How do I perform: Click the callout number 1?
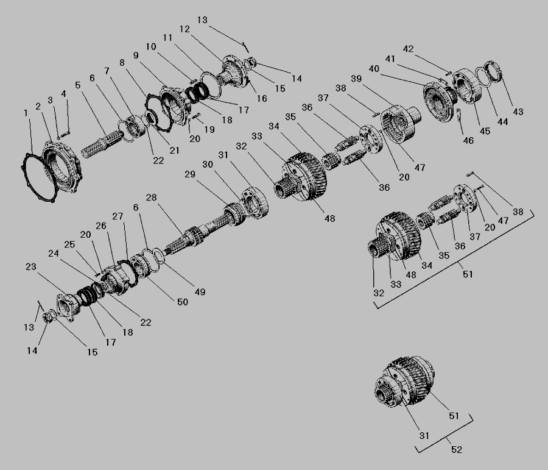click(x=26, y=113)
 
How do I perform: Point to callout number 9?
click(x=136, y=55)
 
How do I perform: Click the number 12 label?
click(x=184, y=29)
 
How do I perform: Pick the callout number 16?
click(x=262, y=99)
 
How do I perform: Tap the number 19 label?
click(x=209, y=129)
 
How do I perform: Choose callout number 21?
click(x=174, y=151)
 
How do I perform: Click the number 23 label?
click(x=31, y=266)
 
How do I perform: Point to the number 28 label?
click(x=151, y=198)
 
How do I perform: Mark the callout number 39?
click(x=356, y=79)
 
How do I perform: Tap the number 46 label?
click(x=468, y=140)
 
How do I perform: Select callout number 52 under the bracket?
click(x=457, y=449)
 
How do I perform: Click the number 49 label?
click(x=200, y=292)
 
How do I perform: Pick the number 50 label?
click(x=183, y=302)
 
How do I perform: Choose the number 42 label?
click(x=408, y=49)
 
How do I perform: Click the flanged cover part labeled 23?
click(x=66, y=307)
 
